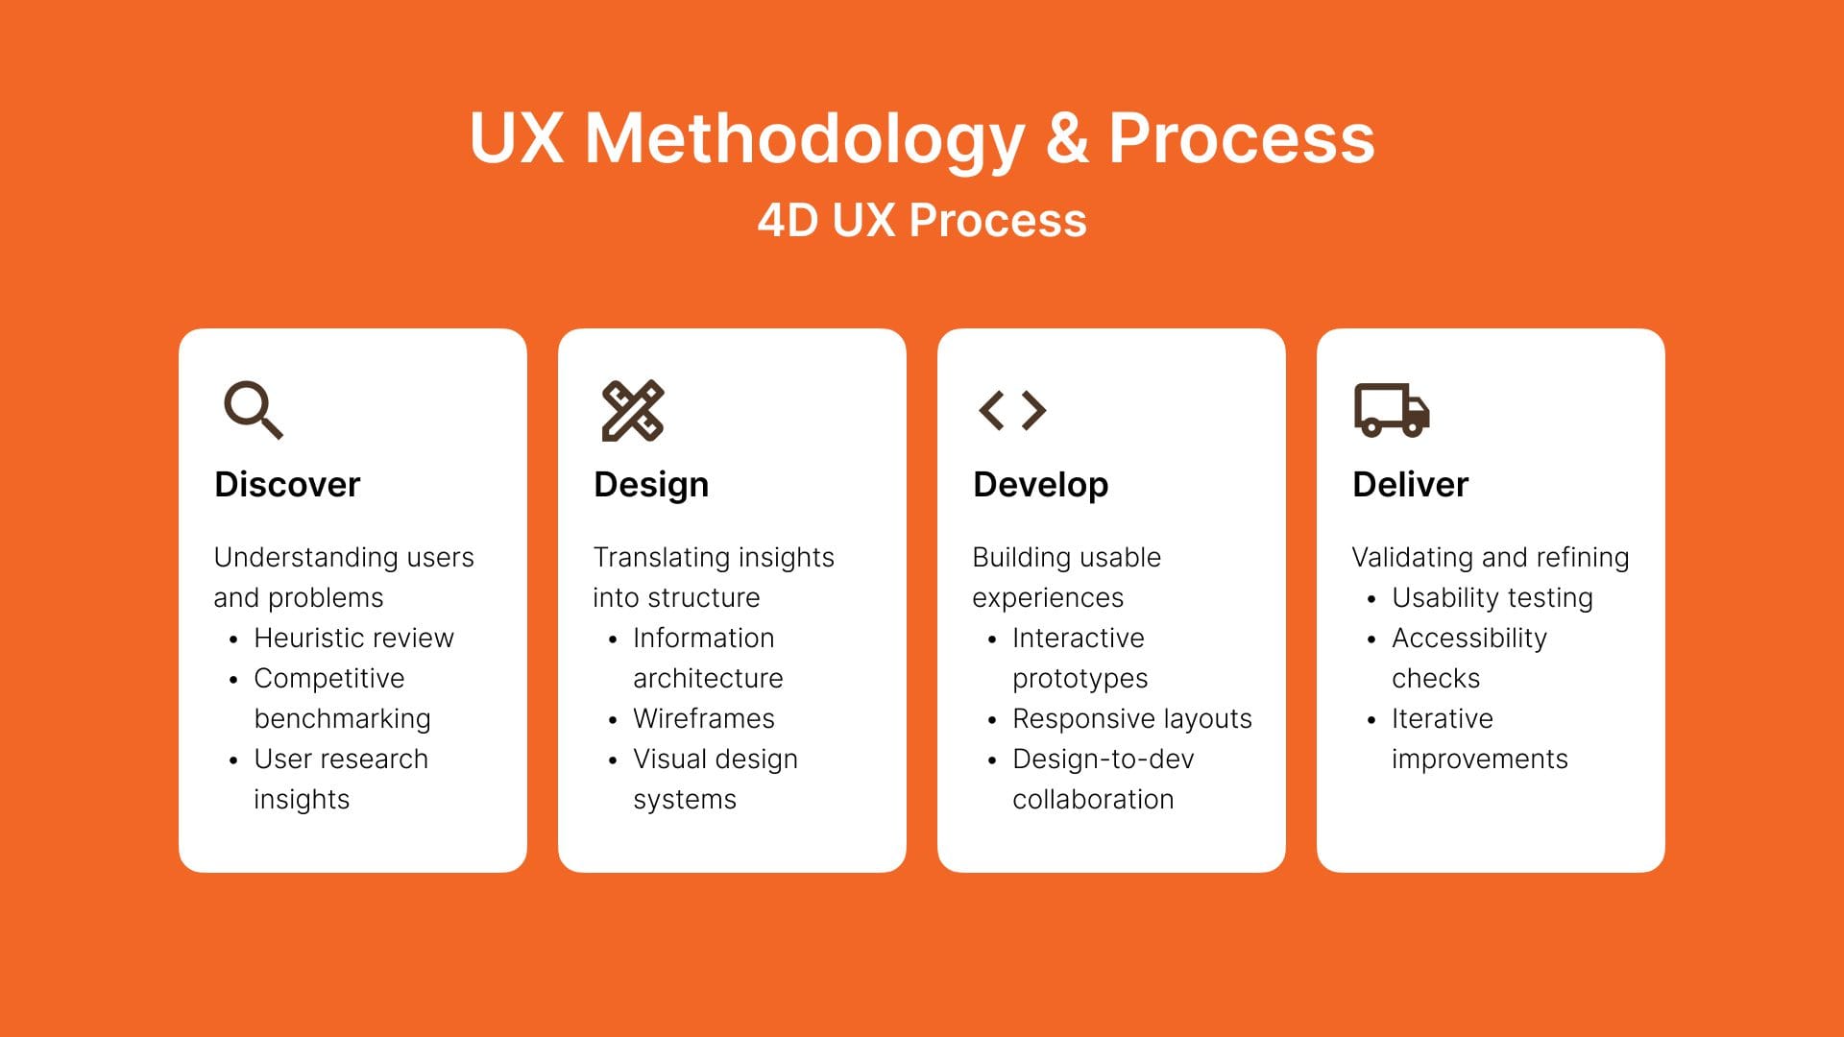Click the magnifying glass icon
pyautogui.click(x=254, y=410)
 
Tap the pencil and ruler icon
pyautogui.click(x=633, y=411)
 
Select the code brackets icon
pyautogui.click(x=1012, y=410)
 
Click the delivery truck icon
pyautogui.click(x=1392, y=410)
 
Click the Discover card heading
pyautogui.click(x=287, y=484)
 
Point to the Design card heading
pyautogui.click(x=651, y=485)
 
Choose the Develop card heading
pyautogui.click(x=1040, y=485)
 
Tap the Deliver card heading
pyautogui.click(x=1410, y=484)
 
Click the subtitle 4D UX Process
pyautogui.click(x=922, y=220)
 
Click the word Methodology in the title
pyautogui.click(x=805, y=140)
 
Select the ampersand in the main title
pyautogui.click(x=1066, y=138)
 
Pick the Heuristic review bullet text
pyautogui.click(x=353, y=638)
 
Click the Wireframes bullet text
pyautogui.click(x=704, y=718)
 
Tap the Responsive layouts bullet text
pyautogui.click(x=1132, y=719)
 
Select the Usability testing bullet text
pyautogui.click(x=1492, y=598)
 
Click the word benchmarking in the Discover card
pyautogui.click(x=342, y=719)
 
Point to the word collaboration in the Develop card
pyautogui.click(x=1093, y=799)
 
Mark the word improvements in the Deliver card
pyautogui.click(x=1479, y=760)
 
